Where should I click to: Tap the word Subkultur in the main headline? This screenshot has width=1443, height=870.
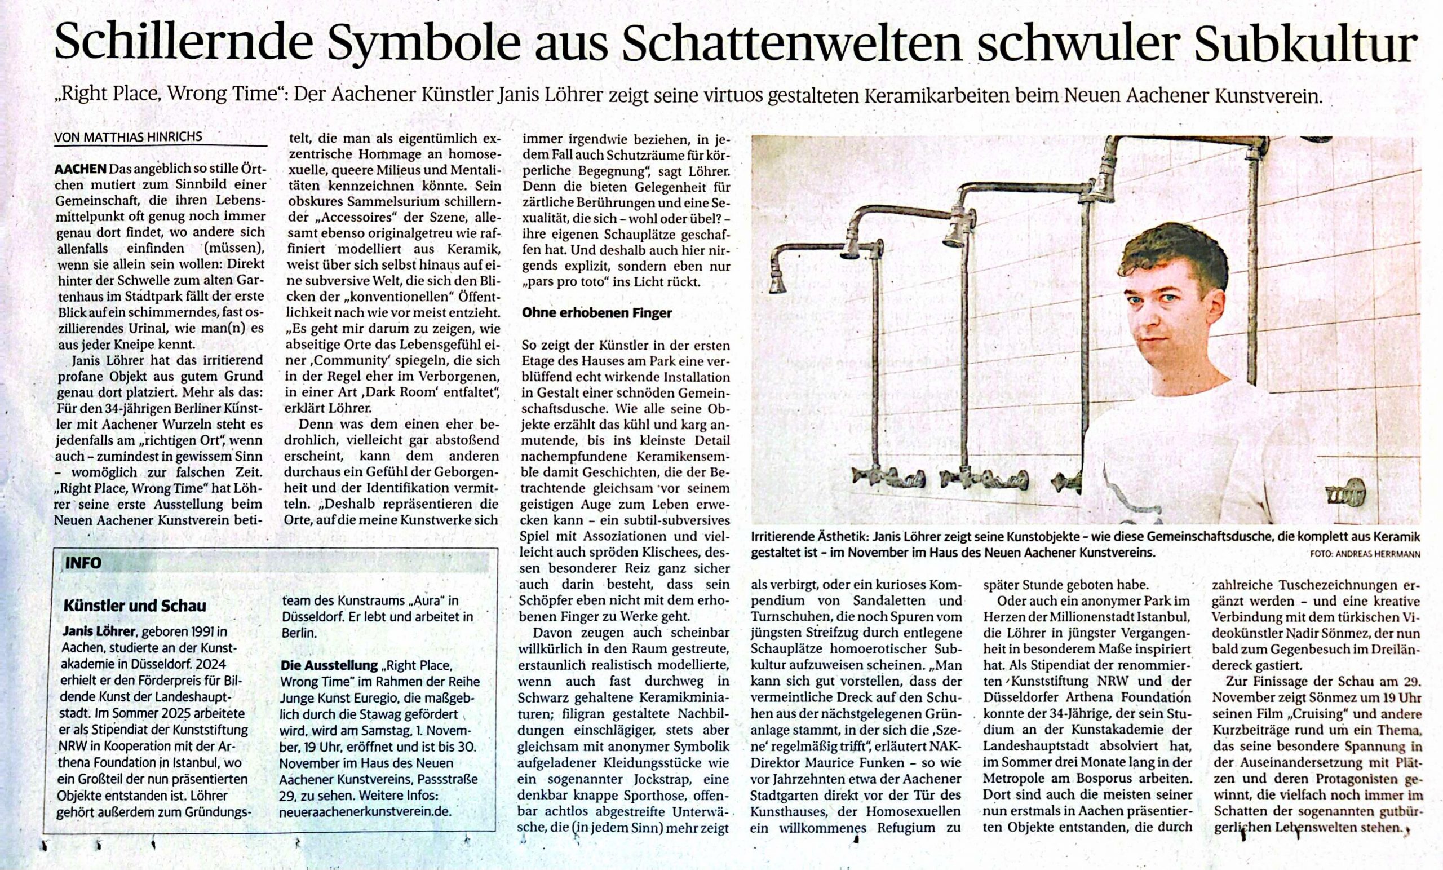coord(1306,45)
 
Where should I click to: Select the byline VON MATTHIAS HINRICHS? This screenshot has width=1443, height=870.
coord(129,136)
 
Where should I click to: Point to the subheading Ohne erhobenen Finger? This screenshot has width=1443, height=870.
coord(597,313)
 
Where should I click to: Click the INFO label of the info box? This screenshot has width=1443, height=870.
coord(83,563)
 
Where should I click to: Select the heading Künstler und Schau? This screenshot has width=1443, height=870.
coord(135,605)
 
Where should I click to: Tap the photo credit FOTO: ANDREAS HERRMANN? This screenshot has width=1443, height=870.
coord(1365,554)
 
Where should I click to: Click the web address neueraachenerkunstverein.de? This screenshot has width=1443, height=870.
coord(365,811)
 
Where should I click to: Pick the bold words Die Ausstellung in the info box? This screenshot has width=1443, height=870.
coord(329,665)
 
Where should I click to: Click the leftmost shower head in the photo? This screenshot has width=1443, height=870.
coord(778,284)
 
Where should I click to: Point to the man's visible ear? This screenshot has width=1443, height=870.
coord(1217,311)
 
